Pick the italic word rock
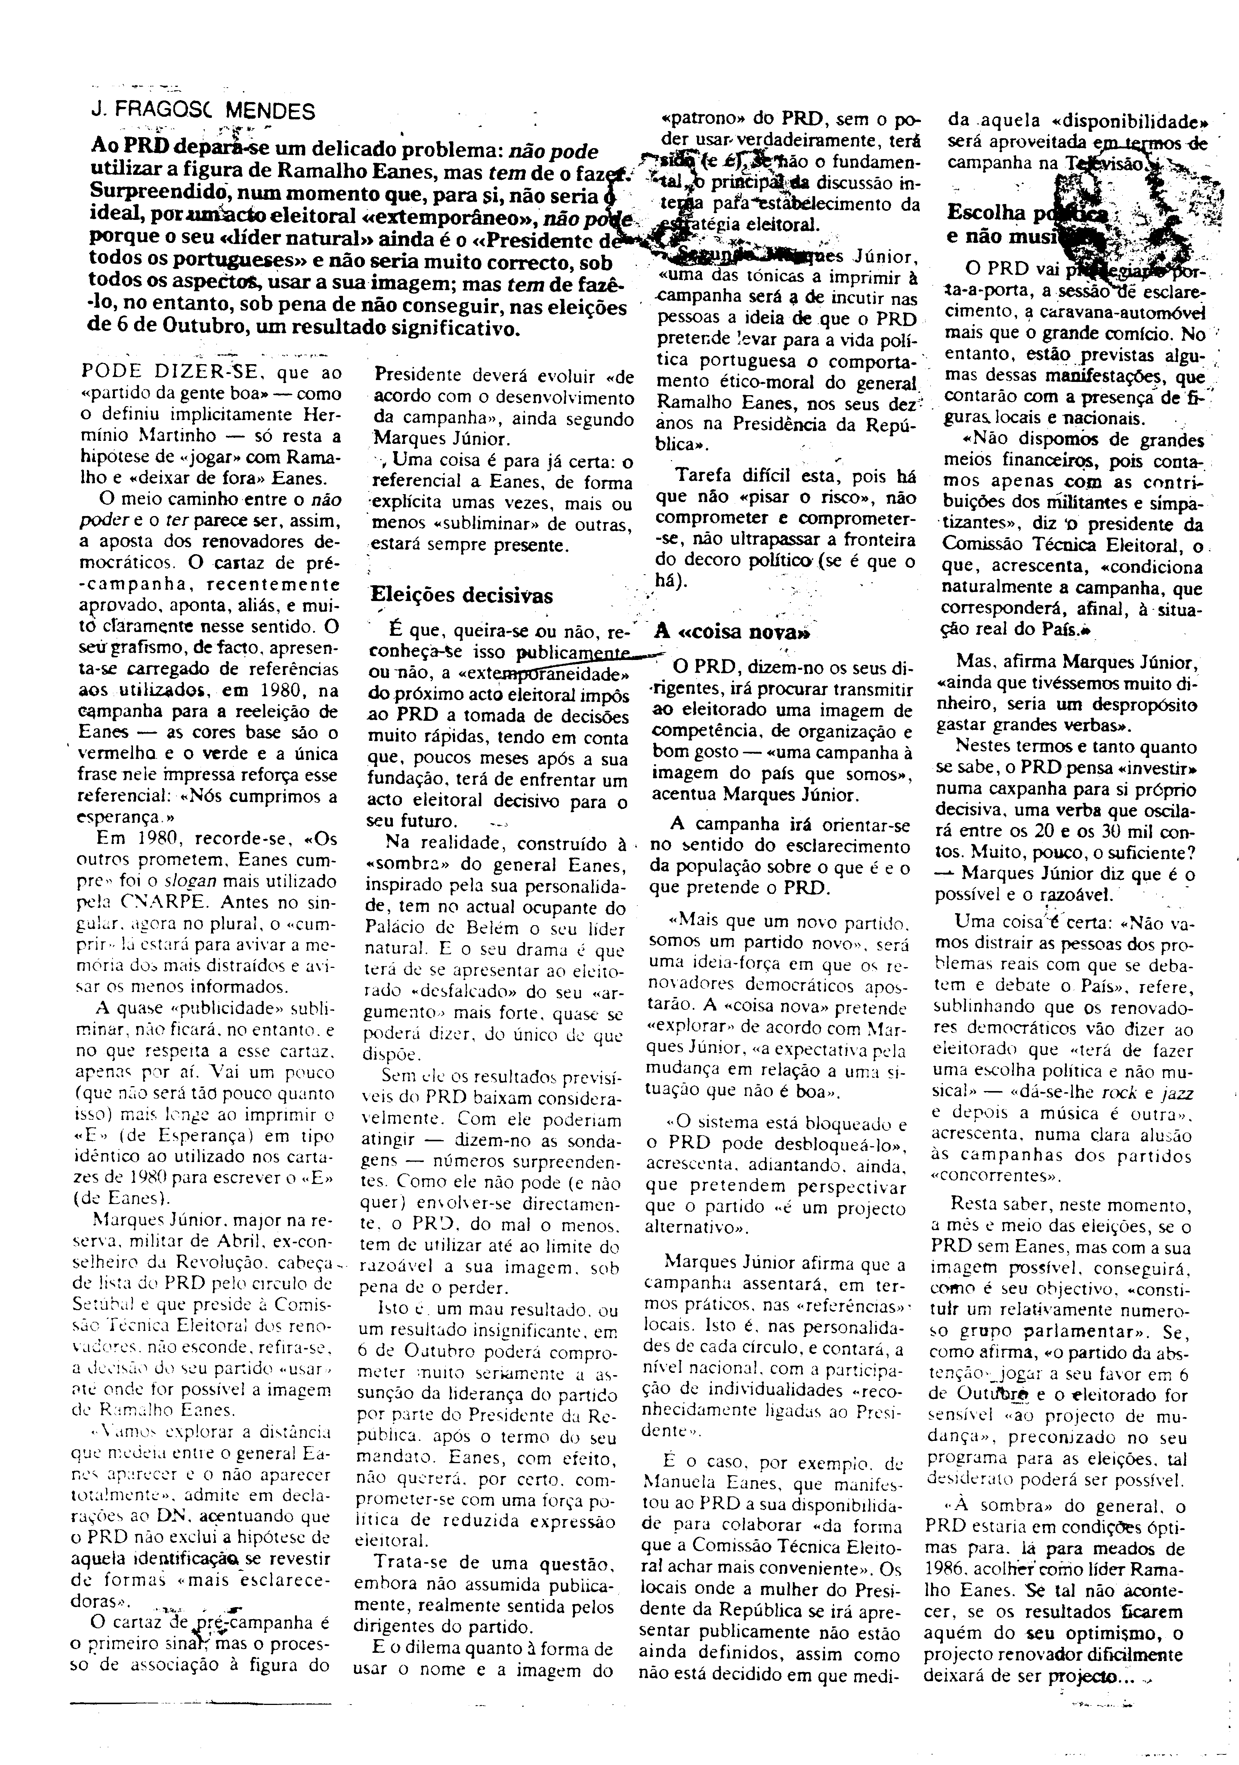coord(1111,1093)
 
